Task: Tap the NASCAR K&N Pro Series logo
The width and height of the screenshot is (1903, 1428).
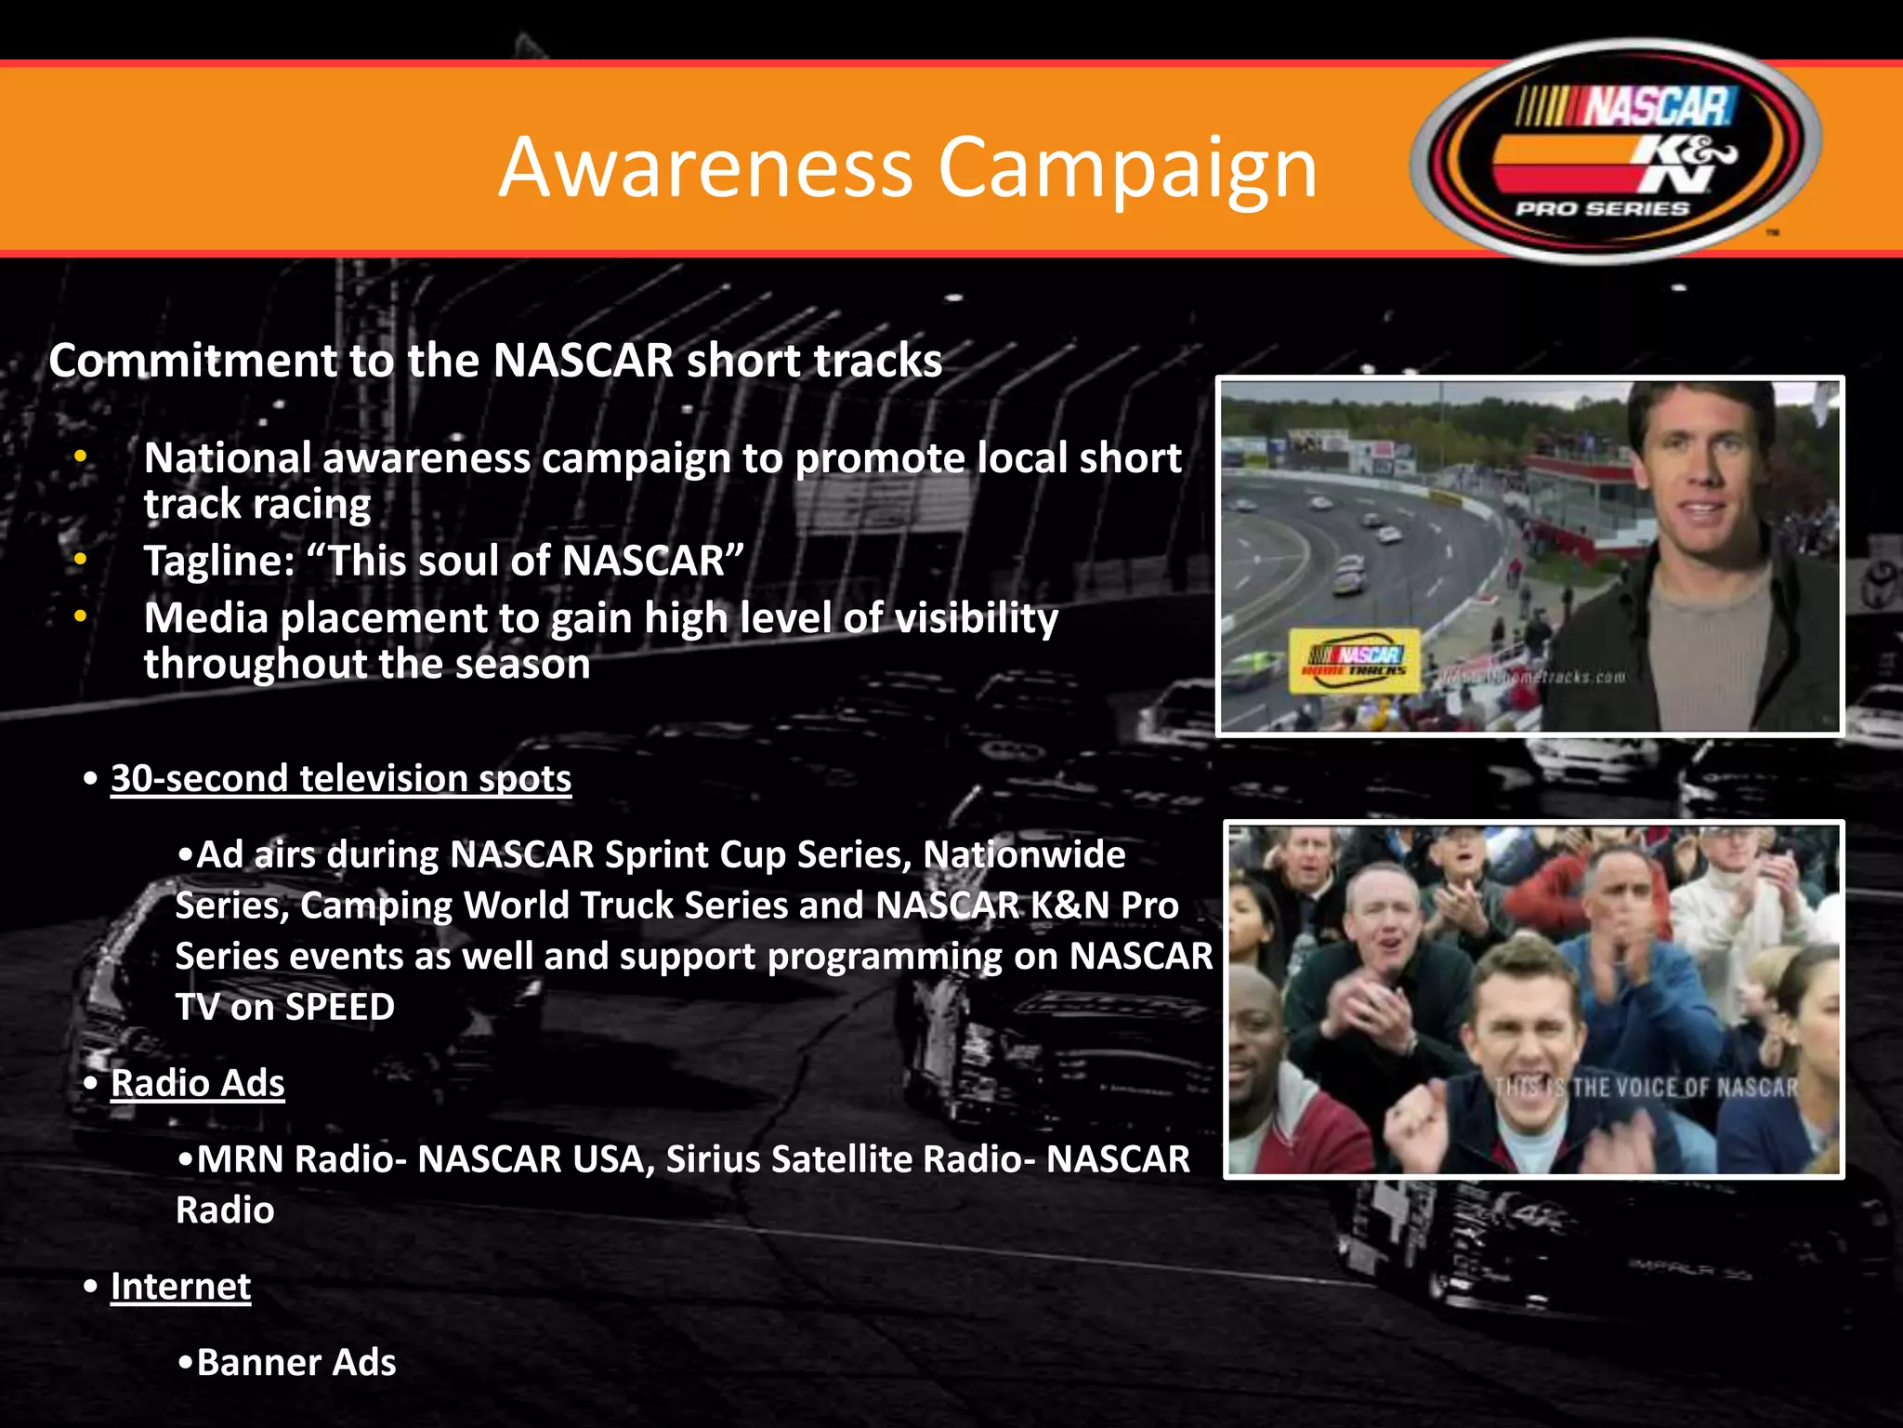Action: coord(1615,152)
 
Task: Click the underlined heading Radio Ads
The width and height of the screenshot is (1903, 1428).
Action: coord(197,1083)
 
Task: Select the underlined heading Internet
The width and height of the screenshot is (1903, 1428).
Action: coord(180,1287)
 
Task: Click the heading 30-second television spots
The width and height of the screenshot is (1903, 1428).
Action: coord(340,778)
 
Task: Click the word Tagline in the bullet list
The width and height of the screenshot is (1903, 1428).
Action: coord(217,562)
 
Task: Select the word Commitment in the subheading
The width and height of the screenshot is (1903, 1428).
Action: coord(192,361)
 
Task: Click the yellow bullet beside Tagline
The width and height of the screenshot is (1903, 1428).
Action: coord(81,560)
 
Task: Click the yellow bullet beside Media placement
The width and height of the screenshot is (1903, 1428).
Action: coord(81,616)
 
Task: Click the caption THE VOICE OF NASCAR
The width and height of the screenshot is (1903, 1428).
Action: coord(1684,1088)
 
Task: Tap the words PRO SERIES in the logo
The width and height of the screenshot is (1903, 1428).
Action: coord(1602,209)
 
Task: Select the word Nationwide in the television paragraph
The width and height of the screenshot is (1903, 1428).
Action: coord(1024,854)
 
